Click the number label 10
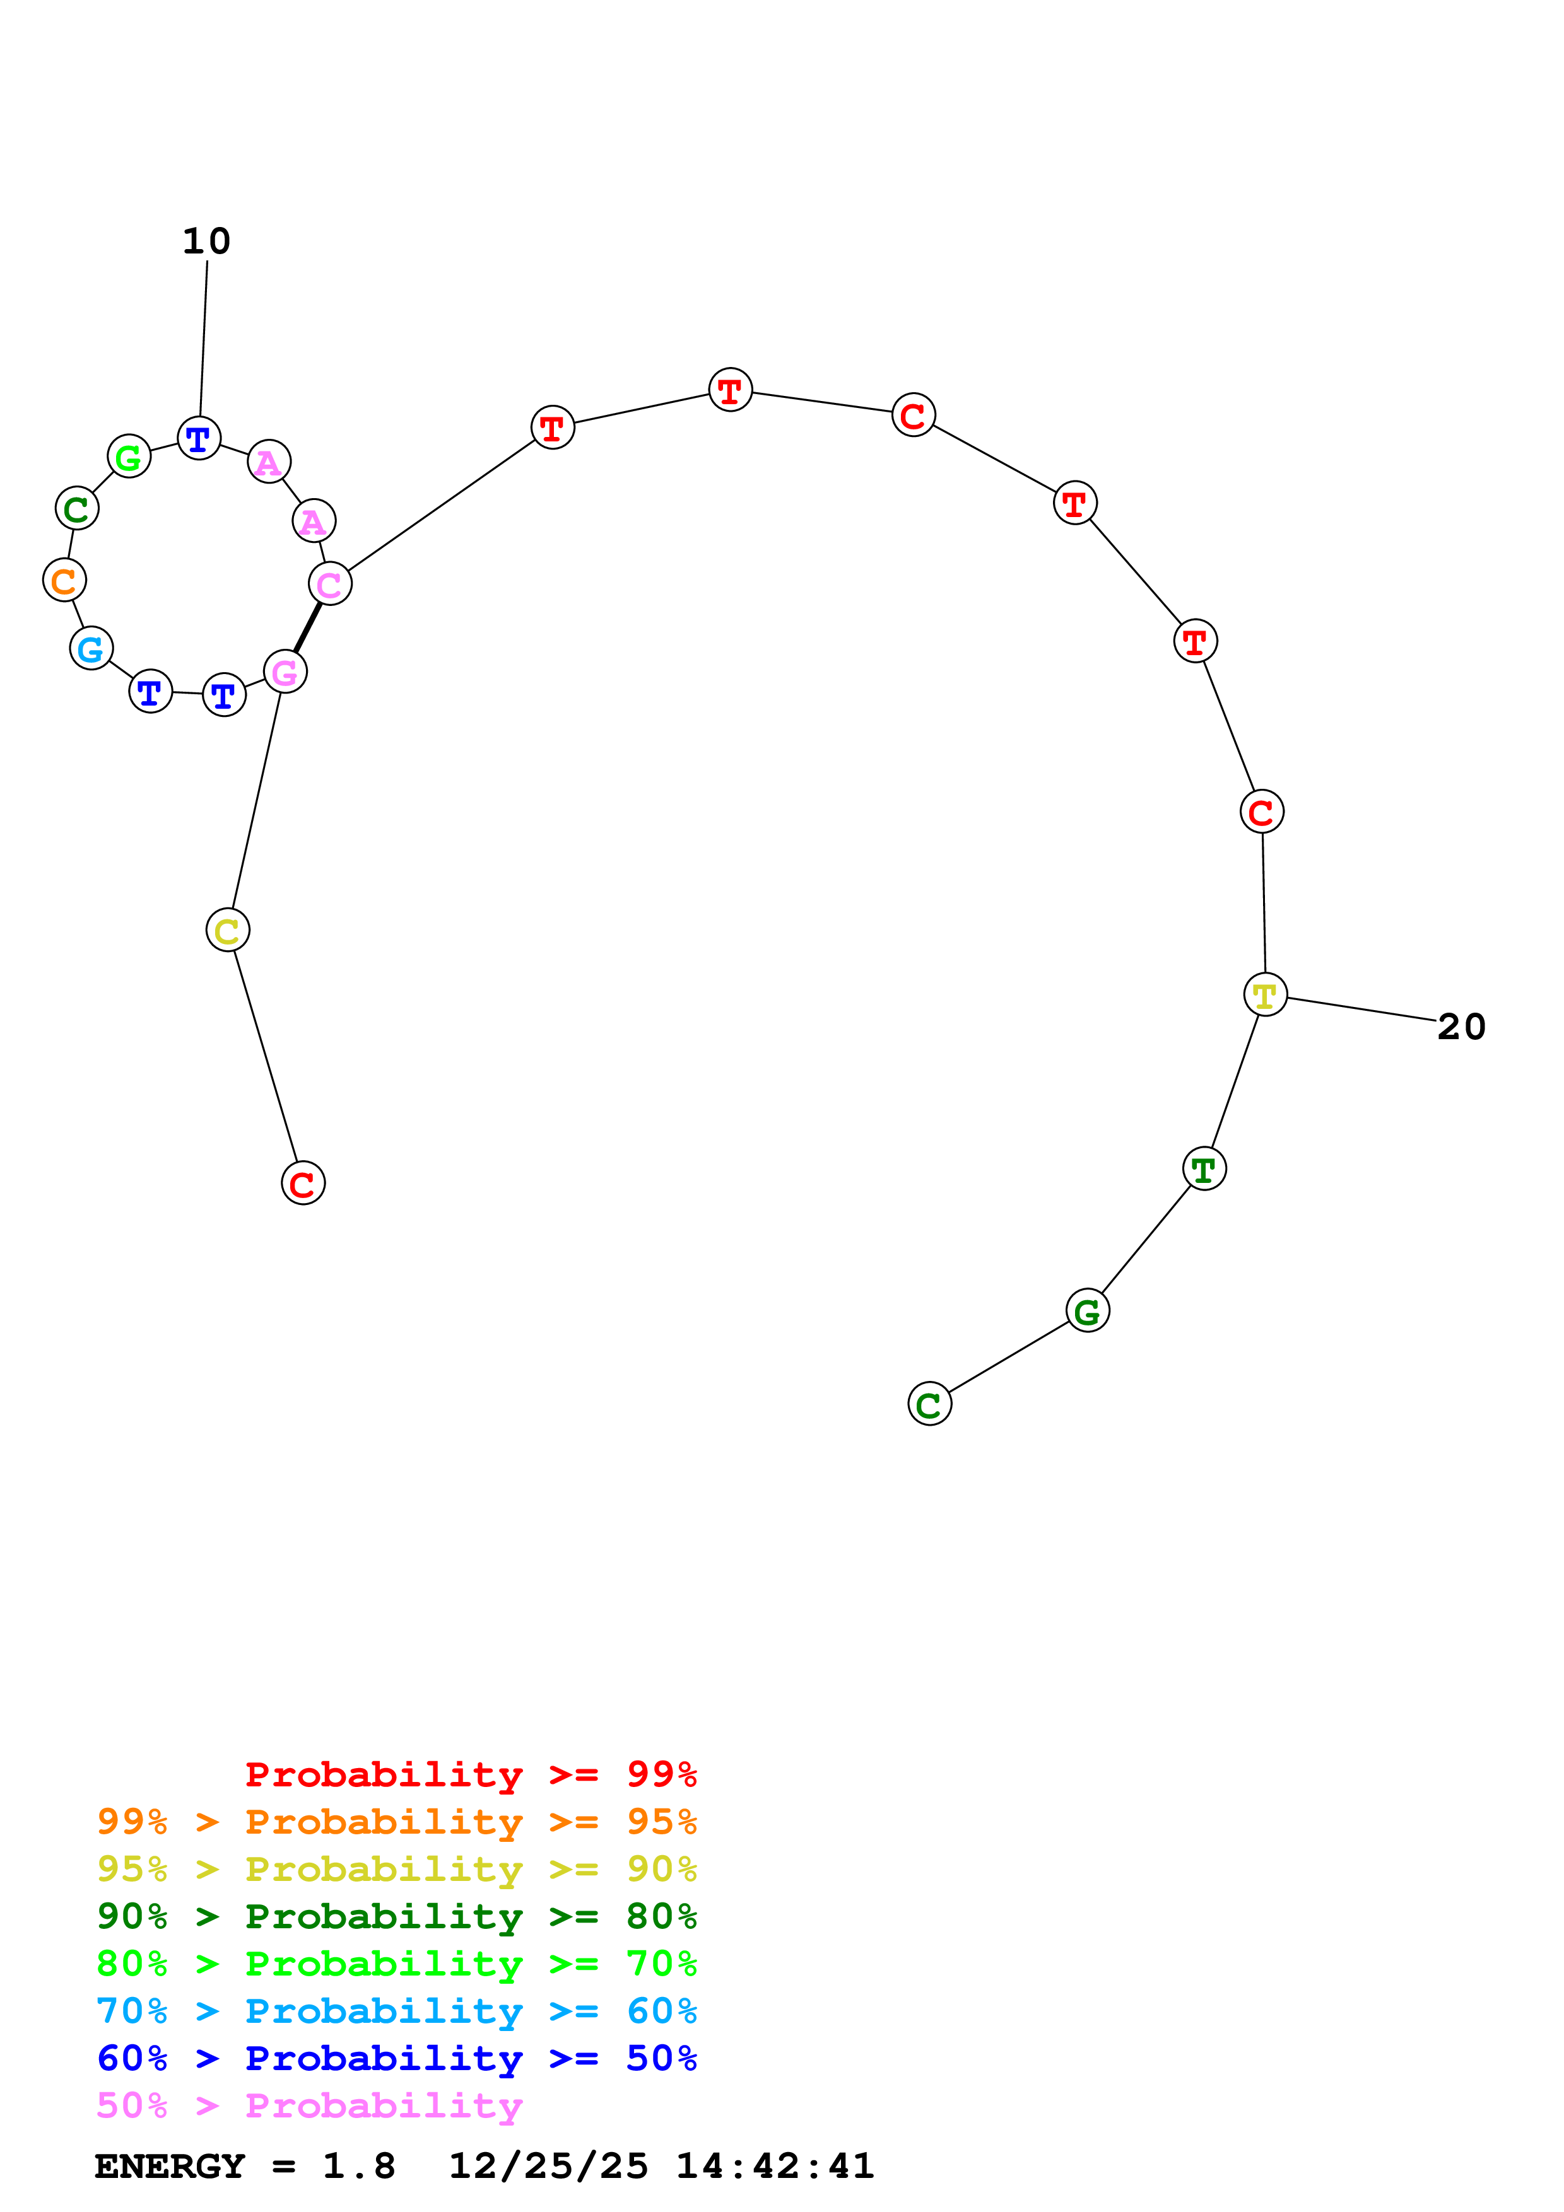[206, 241]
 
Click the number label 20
[1461, 1027]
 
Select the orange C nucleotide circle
[64, 580]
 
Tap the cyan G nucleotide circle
[91, 648]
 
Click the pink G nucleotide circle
[285, 672]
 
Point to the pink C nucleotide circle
[329, 584]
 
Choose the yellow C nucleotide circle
[227, 931]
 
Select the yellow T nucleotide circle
[1264, 994]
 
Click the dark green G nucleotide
[1087, 1311]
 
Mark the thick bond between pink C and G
[307, 628]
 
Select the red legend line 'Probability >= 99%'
[470, 1774]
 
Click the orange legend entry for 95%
[396, 1822]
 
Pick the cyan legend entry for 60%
[396, 2011]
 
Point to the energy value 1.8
[358, 2167]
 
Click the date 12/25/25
[548, 2167]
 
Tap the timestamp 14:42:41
[775, 2167]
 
